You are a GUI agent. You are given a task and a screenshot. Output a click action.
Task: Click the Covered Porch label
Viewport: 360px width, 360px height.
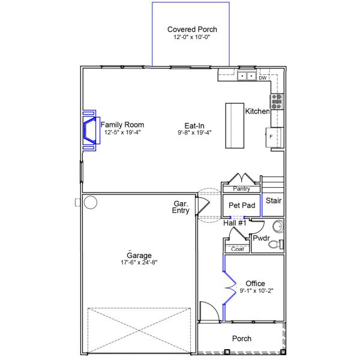(x=192, y=29)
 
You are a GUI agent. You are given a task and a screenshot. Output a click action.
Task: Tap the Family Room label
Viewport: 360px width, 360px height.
(x=122, y=125)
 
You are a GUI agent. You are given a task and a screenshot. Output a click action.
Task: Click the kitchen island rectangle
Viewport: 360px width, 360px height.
(x=235, y=125)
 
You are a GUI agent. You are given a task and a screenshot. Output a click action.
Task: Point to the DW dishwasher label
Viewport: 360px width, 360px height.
(x=262, y=78)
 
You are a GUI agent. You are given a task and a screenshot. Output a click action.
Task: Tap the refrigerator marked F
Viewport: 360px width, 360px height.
(x=274, y=137)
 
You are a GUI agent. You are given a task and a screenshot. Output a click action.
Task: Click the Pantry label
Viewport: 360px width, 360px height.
(x=241, y=189)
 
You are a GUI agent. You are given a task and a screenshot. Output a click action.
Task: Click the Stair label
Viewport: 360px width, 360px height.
(x=274, y=200)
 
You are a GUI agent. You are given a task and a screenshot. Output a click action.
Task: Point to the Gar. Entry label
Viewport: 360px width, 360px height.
(x=181, y=208)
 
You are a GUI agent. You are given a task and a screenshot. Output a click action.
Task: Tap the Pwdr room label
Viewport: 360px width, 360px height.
(x=261, y=238)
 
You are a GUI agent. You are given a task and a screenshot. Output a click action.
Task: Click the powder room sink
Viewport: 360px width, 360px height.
(x=278, y=227)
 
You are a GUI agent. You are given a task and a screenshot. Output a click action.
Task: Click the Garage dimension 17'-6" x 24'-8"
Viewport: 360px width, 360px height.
(x=139, y=262)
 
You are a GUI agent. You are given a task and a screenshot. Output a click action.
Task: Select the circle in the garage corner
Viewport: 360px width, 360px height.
(x=91, y=202)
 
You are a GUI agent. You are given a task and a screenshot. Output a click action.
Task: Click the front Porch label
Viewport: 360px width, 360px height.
(x=242, y=339)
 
